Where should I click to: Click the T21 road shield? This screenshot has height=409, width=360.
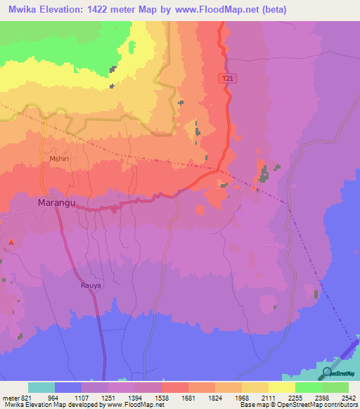click(x=226, y=79)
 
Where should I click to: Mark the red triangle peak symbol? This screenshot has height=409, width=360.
click(x=11, y=242)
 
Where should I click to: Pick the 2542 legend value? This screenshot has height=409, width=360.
click(x=348, y=397)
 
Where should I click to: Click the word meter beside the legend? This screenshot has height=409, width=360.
click(x=8, y=397)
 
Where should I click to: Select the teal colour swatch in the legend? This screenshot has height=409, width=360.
click(x=41, y=387)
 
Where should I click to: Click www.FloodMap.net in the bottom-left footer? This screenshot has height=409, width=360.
click(x=141, y=405)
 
